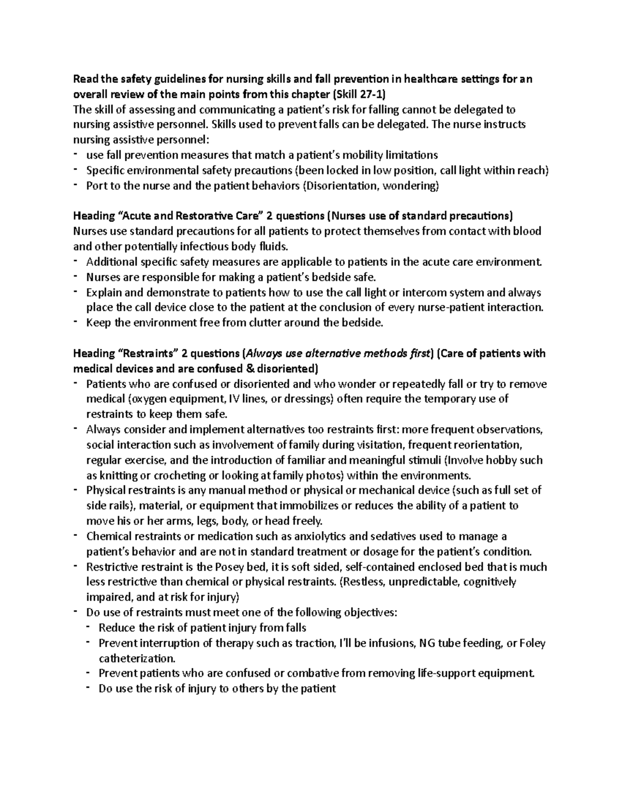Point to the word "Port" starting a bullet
click(x=96, y=186)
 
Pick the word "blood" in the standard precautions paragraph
click(x=527, y=231)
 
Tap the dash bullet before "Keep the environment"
click(x=77, y=322)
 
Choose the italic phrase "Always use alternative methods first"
click(x=338, y=354)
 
